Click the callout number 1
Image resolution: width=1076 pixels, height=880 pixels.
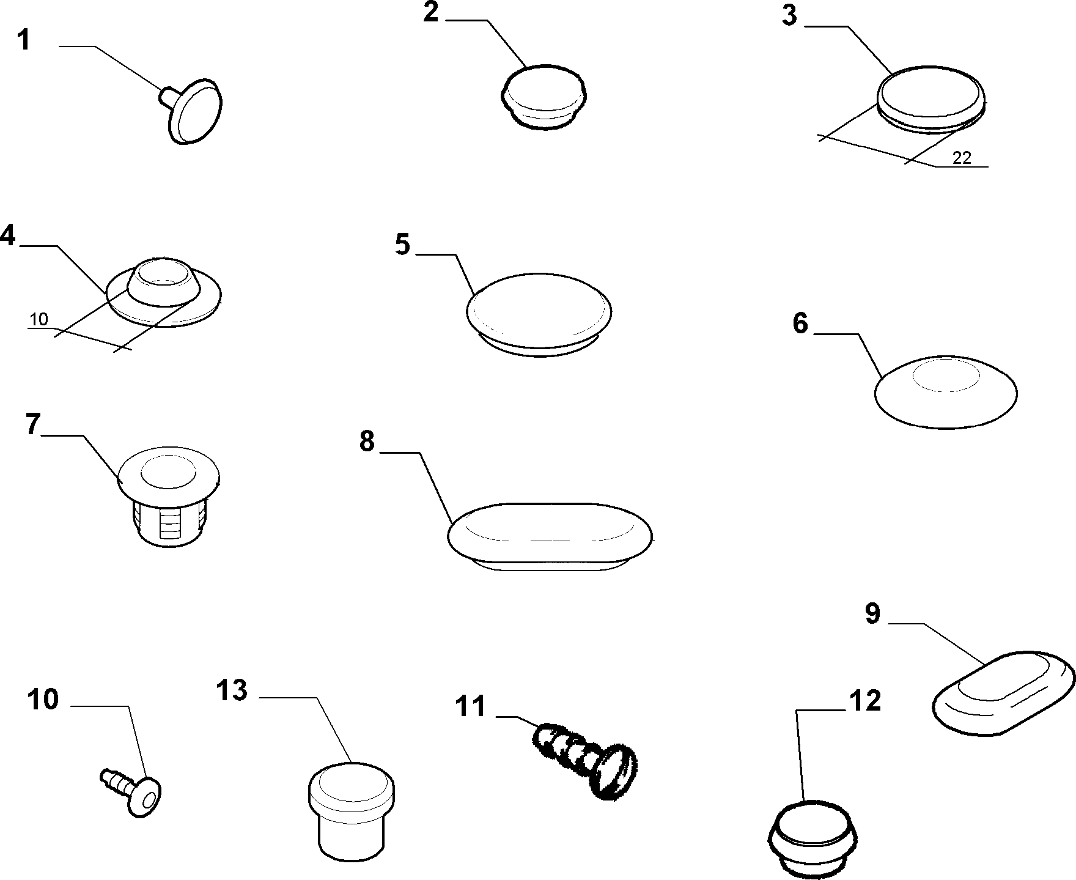coord(23,40)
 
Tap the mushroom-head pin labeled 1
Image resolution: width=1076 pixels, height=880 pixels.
coord(191,111)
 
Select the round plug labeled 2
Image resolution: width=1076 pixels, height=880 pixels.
coord(544,97)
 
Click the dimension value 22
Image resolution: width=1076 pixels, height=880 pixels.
coord(962,158)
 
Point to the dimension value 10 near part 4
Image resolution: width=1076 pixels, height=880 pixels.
coord(38,319)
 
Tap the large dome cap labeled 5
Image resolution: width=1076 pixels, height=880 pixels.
coord(539,314)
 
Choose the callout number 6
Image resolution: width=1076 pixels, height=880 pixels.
coord(800,324)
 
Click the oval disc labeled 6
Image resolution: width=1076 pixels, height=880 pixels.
coord(946,391)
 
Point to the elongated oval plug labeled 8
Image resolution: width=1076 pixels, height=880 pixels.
coord(550,536)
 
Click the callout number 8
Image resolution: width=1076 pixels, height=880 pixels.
coord(367,440)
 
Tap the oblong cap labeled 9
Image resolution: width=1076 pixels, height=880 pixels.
coord(1005,690)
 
